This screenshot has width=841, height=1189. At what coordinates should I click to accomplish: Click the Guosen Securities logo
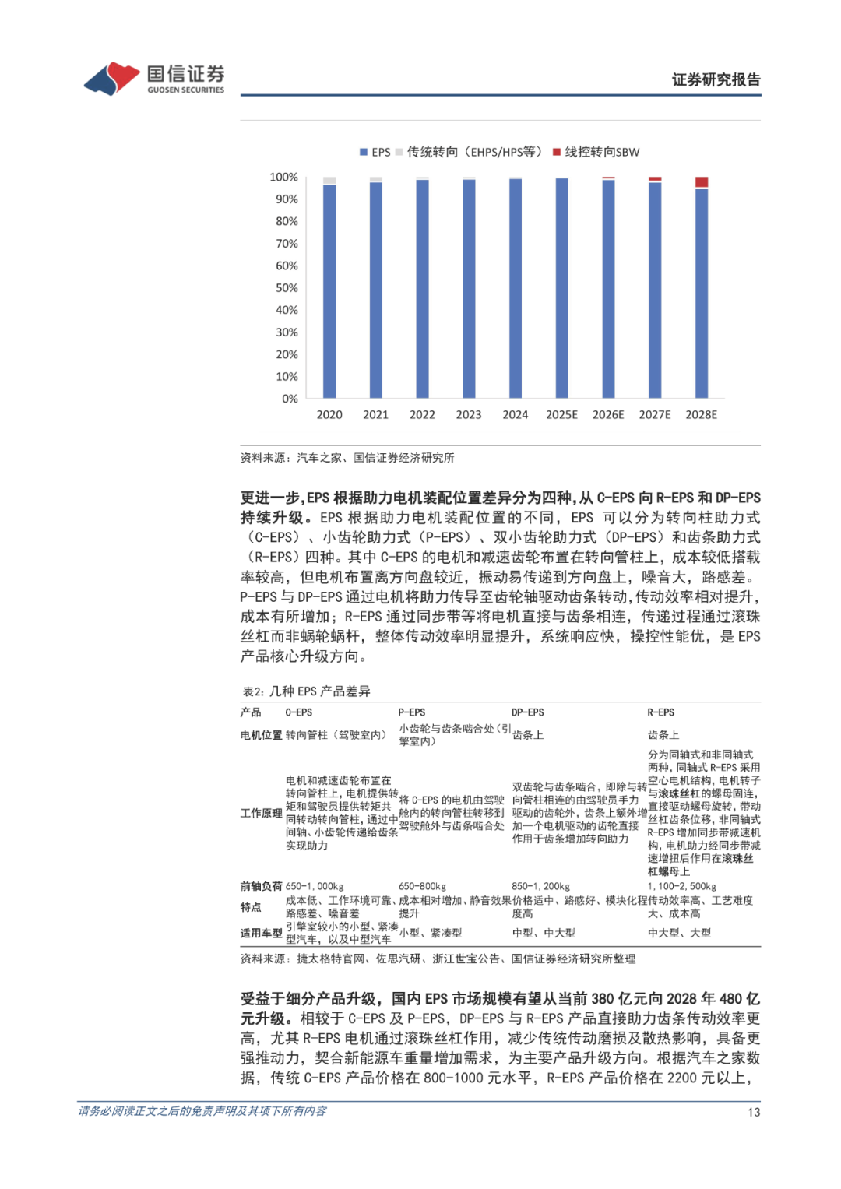154,79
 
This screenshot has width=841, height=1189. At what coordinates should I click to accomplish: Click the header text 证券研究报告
716,79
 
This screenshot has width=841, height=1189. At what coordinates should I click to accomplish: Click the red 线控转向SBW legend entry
596,152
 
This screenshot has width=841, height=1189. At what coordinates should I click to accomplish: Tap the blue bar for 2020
329,291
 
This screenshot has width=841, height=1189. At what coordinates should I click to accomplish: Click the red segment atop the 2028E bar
702,182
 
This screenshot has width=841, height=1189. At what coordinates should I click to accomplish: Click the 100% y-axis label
283,178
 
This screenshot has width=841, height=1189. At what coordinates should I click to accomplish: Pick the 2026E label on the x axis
608,415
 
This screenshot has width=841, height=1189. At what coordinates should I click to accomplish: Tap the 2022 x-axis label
422,415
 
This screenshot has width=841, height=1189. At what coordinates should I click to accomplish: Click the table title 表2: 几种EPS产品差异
306,691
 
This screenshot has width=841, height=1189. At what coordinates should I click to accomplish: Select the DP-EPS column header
527,712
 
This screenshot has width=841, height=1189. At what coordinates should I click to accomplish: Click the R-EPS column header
661,712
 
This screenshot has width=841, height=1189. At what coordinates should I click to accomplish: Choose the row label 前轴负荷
261,886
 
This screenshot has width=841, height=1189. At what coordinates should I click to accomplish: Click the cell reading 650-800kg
422,886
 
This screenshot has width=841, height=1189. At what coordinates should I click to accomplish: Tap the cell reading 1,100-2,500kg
681,886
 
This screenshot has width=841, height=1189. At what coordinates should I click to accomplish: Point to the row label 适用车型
261,933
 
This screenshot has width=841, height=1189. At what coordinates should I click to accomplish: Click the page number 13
754,1112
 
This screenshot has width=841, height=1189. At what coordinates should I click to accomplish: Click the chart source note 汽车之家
318,458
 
